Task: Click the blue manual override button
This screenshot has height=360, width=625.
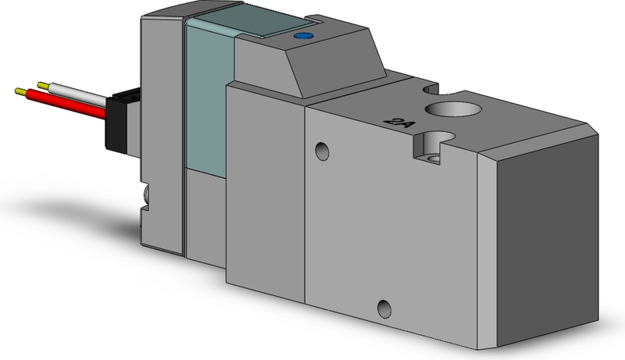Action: click(301, 36)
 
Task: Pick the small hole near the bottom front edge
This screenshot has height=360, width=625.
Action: click(382, 305)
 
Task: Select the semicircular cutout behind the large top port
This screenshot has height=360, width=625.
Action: click(424, 87)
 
